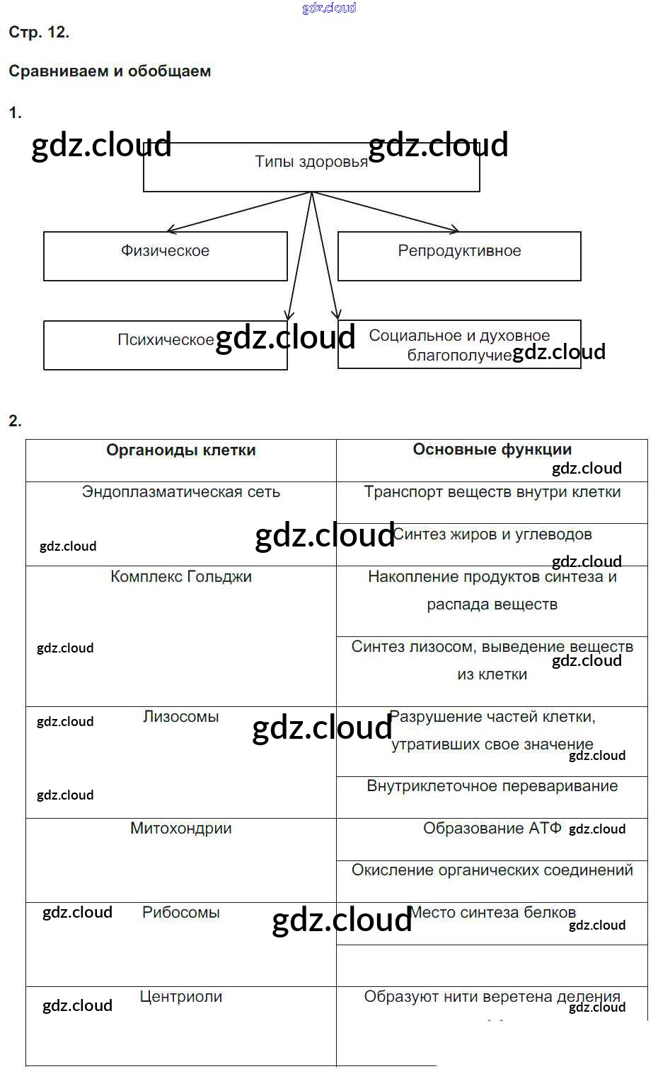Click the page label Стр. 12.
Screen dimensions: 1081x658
[39, 33]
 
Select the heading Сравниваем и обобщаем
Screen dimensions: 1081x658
[110, 71]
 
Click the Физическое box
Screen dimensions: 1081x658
[165, 255]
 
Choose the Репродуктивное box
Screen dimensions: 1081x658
[459, 255]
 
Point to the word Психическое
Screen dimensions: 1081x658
[166, 340]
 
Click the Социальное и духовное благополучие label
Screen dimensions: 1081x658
[459, 344]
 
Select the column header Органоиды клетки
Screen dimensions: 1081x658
[181, 450]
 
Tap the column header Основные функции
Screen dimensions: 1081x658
[492, 450]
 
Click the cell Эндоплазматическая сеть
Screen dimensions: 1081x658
[181, 492]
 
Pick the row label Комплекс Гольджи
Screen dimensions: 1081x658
[181, 577]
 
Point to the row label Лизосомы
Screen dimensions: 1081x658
[181, 717]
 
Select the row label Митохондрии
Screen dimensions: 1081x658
[181, 829]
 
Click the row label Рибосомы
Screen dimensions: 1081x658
[181, 913]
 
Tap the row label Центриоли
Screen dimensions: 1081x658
[181, 997]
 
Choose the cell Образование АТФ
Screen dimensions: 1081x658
[492, 829]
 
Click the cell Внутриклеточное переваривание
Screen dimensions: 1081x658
[492, 786]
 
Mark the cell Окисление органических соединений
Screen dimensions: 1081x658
[492, 870]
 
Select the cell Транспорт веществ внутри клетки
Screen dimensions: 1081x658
[492, 492]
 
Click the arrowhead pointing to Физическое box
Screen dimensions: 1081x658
[171, 230]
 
